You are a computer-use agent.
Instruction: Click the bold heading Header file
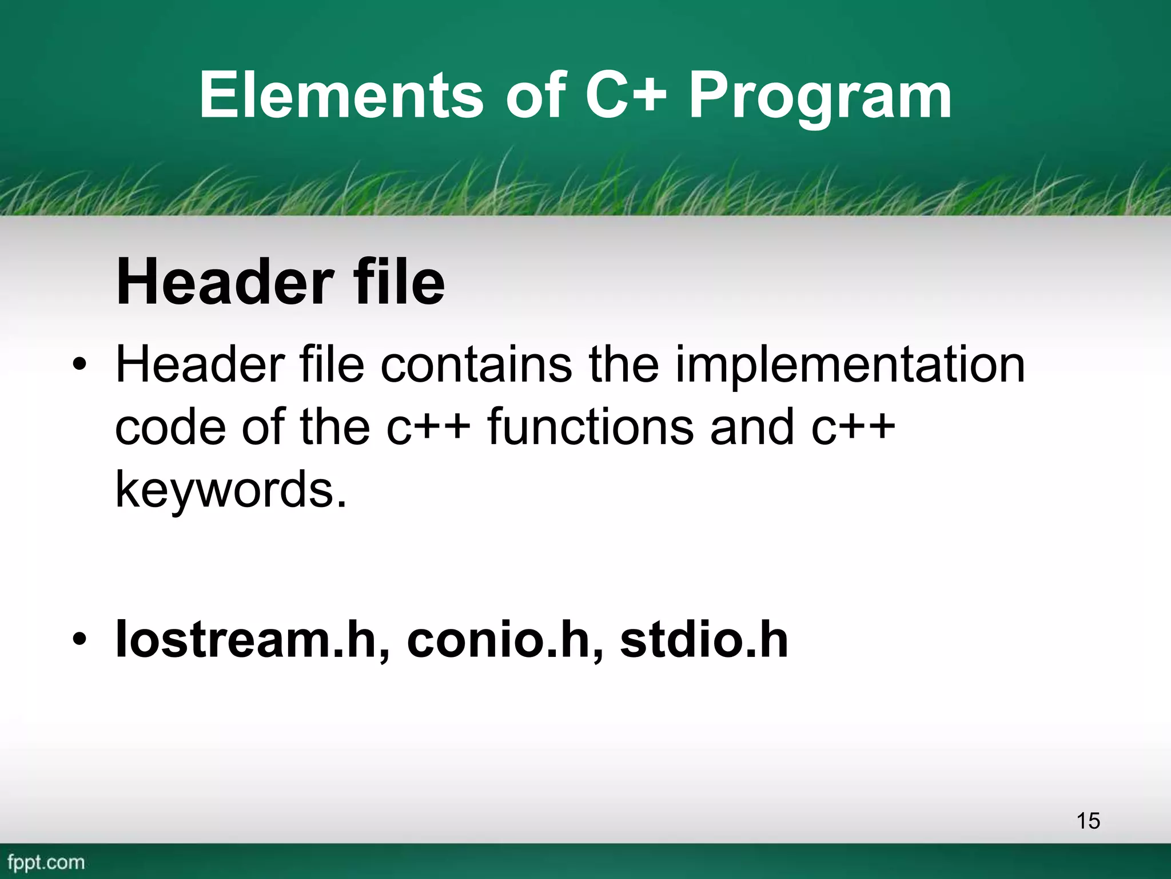coord(280,282)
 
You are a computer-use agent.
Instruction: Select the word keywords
coord(230,490)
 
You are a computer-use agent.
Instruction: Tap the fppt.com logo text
coord(46,862)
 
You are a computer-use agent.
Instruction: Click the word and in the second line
coord(751,427)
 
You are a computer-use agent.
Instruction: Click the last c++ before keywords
coord(853,427)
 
